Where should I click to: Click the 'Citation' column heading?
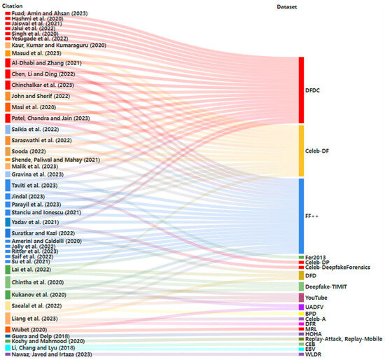pyautogui.click(x=13, y=6)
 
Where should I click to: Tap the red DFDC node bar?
pyautogui.click(x=301, y=89)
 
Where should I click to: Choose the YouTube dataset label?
pyautogui.click(x=318, y=298)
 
